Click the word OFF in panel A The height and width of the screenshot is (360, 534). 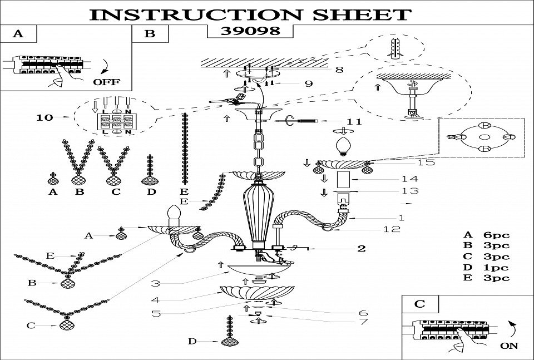(106, 81)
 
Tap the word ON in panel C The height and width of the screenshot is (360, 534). (509, 345)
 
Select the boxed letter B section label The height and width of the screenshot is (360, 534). (150, 33)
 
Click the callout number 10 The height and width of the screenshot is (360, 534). (44, 118)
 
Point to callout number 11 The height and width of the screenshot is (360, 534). (354, 121)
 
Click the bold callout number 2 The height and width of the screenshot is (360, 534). (361, 248)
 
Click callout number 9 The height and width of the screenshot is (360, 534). (308, 83)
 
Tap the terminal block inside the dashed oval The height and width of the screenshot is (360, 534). (115, 121)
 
